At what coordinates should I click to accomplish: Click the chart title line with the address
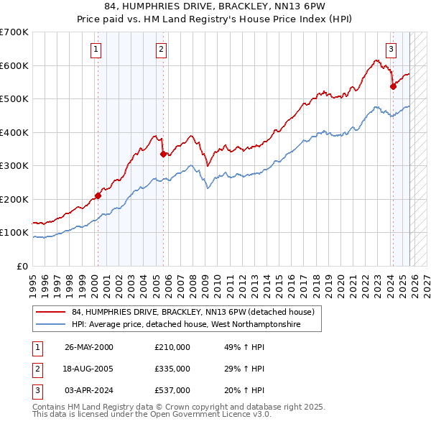click(x=215, y=7)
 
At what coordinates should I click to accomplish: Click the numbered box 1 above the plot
click(x=96, y=50)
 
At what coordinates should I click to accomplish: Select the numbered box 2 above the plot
click(x=161, y=50)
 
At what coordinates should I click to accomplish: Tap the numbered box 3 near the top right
click(x=391, y=50)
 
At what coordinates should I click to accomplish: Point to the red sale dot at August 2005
click(x=163, y=154)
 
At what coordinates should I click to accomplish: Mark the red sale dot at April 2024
click(x=393, y=86)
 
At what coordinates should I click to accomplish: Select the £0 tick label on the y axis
click(x=22, y=266)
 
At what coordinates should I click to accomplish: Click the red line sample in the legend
click(x=51, y=313)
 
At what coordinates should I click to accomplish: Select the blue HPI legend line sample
click(x=51, y=325)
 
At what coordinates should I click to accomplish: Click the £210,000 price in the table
click(x=172, y=346)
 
